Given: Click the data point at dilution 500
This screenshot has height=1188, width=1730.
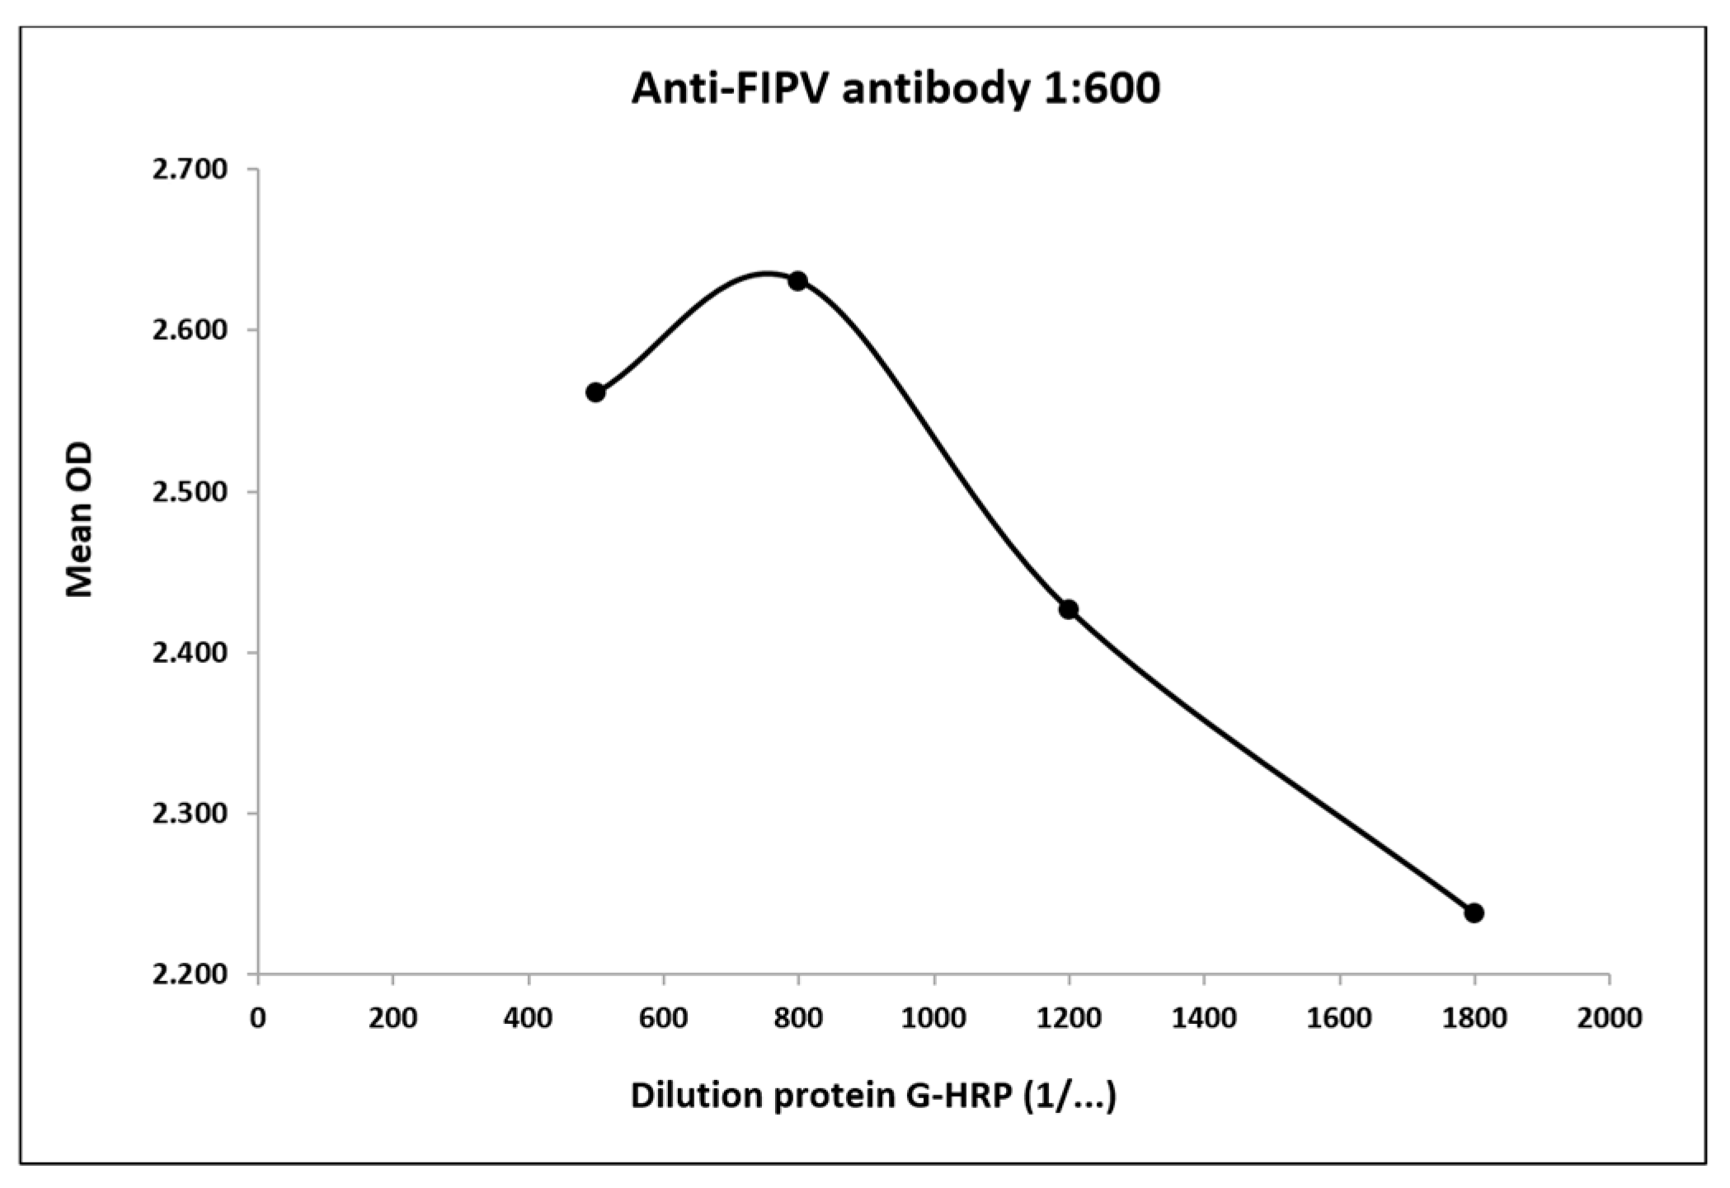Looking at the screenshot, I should pos(595,392).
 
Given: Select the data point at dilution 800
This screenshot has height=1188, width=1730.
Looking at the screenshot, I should pos(797,281).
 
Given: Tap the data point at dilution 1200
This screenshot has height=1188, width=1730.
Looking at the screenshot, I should pos(1069,609).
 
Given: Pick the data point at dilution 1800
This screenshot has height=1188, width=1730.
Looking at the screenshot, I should pos(1474,913).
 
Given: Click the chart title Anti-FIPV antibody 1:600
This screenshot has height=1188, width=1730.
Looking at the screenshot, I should pos(896,90).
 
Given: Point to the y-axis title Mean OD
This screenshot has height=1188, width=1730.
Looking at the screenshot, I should pos(80,520).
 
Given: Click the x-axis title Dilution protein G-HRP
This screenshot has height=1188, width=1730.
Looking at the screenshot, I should pos(873,1096).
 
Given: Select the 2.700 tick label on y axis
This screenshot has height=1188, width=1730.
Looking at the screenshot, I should pos(190,170).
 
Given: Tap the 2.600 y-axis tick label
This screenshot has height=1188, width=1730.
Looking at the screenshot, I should pos(190,331).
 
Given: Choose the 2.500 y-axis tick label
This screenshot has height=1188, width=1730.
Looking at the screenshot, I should pos(190,492).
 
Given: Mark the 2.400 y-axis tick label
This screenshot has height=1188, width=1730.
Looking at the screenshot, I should pos(190,653).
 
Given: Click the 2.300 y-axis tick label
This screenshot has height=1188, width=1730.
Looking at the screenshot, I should pos(190,814).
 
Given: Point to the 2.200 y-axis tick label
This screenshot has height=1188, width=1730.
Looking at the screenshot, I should pos(190,974).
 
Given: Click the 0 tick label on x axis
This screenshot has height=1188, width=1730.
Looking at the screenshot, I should pos(258,1018).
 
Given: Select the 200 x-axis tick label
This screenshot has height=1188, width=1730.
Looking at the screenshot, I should pos(393,1018).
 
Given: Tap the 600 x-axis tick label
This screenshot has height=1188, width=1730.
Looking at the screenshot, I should pos(663,1018).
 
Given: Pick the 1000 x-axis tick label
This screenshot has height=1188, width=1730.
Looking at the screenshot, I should pos(933,1018).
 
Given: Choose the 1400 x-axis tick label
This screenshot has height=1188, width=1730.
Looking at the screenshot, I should pos(1204,1018).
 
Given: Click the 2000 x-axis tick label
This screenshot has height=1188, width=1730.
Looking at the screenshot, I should pos(1609,1018).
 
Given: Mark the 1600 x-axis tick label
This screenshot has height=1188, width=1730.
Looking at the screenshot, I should pos(1339,1018).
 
